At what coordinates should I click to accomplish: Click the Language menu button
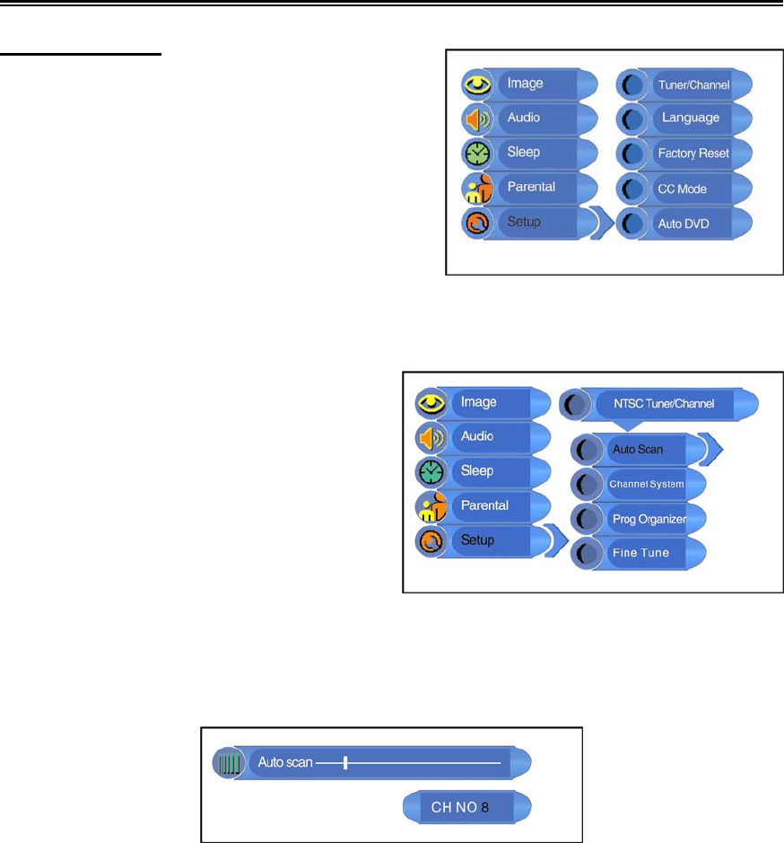(x=690, y=119)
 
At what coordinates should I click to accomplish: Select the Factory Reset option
(x=693, y=154)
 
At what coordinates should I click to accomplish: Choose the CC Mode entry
(x=682, y=189)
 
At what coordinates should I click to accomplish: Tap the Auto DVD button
(x=683, y=224)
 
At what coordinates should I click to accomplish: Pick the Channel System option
(x=646, y=484)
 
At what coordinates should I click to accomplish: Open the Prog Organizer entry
(x=648, y=519)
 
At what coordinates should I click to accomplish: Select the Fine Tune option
(x=640, y=553)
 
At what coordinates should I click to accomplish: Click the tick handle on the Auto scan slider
(x=345, y=763)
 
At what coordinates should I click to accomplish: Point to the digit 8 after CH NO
(x=485, y=807)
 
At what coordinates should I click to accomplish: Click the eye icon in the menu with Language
(x=475, y=84)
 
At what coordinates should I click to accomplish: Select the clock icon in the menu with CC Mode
(x=475, y=154)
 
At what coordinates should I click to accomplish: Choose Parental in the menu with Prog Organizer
(x=484, y=505)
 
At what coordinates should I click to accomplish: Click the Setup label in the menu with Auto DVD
(x=525, y=222)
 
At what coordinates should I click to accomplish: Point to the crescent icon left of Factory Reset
(x=633, y=154)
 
